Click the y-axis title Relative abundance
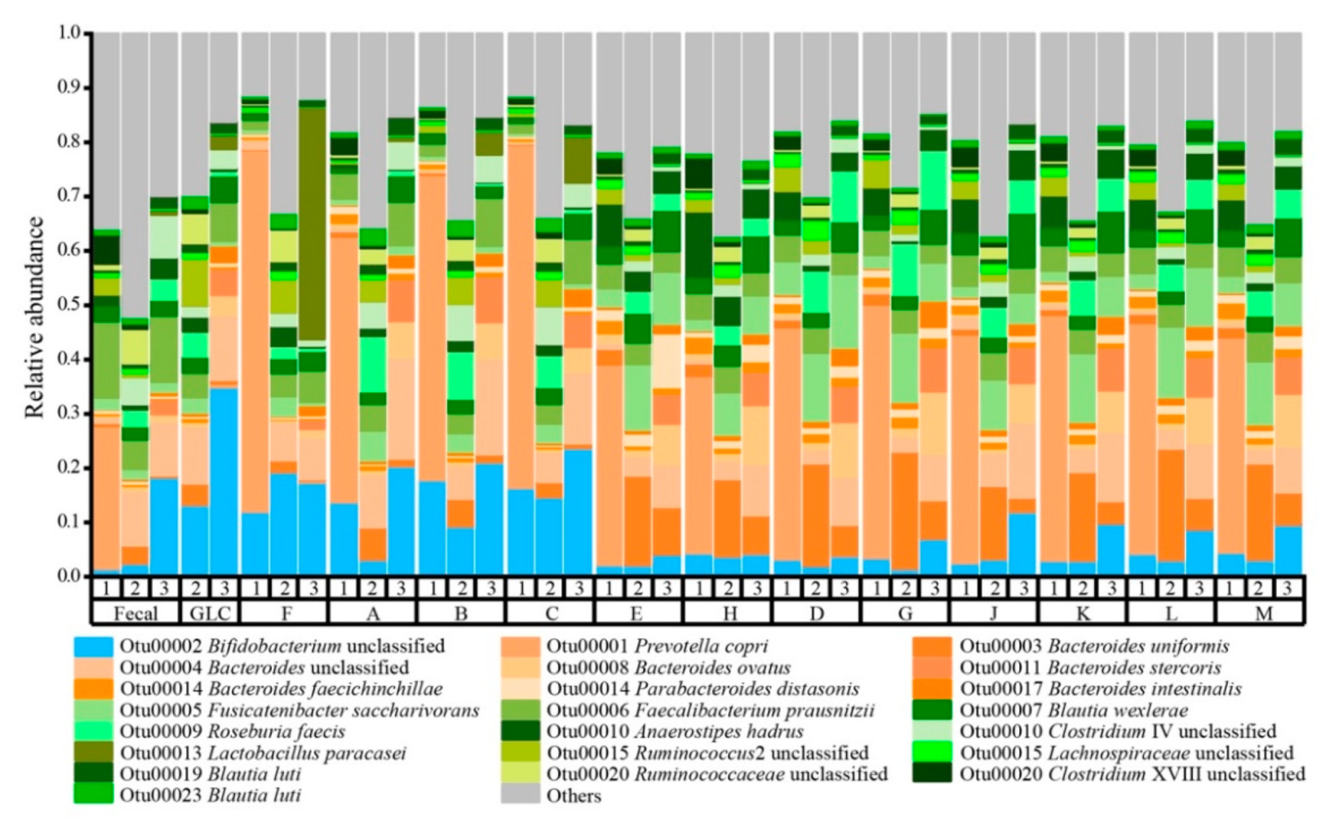(34, 317)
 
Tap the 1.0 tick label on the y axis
(69, 33)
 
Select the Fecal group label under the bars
(135, 613)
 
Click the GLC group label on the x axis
(209, 613)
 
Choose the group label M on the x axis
(1262, 613)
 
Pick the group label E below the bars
(637, 613)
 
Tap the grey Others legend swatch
(520, 795)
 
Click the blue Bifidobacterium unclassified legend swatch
(93, 646)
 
